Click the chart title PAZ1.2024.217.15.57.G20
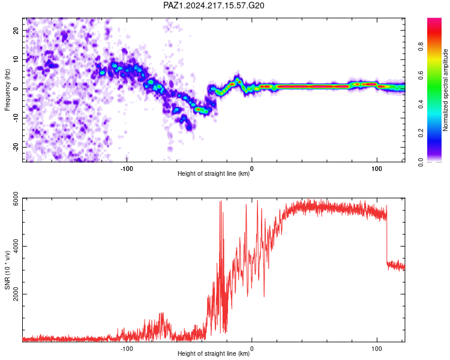[214, 5]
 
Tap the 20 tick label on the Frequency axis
[16, 30]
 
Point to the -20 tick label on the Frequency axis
[16, 147]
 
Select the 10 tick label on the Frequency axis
[16, 59]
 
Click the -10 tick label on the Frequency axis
[16, 118]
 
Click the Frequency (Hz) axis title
[7, 90]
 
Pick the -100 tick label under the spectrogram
[127, 169]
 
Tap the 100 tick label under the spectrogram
[377, 169]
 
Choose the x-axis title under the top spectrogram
[214, 173]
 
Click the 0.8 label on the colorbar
[421, 47]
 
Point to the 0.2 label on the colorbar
[421, 133]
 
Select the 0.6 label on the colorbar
[421, 76]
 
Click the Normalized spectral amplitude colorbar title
[445, 90]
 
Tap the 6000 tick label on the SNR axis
[16, 199]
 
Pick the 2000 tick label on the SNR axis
[16, 294]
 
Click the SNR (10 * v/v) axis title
[7, 270]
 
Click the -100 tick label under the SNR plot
[127, 349]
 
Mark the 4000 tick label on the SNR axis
[16, 247]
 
